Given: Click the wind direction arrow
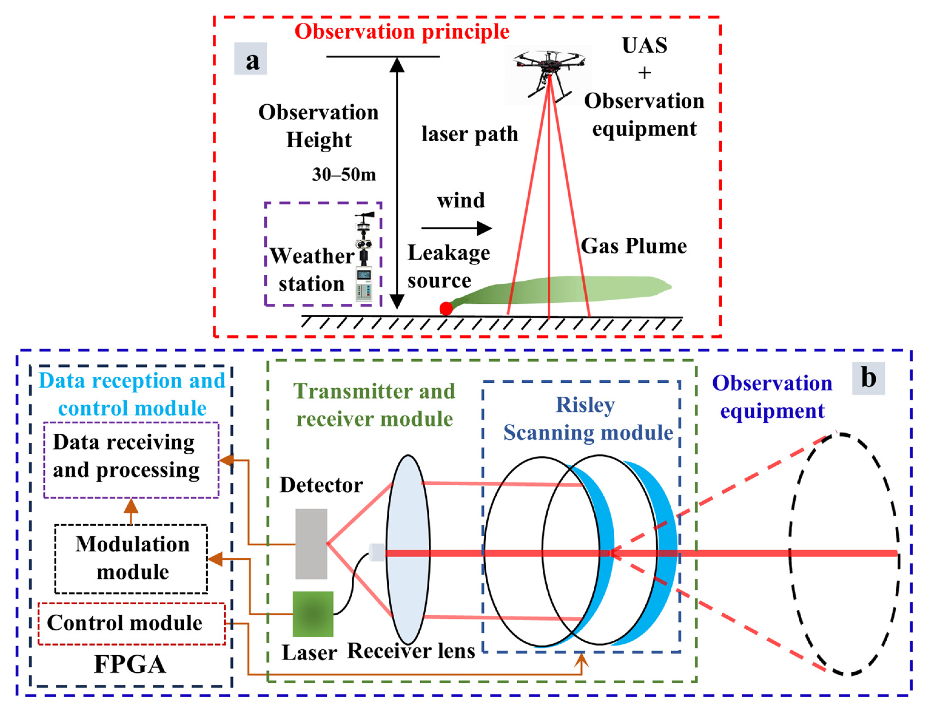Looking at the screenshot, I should [456, 228].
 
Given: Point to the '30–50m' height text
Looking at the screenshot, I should [344, 174].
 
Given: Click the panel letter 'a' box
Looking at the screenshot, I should [250, 59].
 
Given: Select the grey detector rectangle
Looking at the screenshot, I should [311, 544].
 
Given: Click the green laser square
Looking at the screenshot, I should [313, 614].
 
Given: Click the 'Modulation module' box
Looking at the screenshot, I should [131, 559].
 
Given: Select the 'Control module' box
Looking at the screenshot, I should [131, 623].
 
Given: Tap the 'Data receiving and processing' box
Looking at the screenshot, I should [131, 460].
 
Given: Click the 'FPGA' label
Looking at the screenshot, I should [130, 664].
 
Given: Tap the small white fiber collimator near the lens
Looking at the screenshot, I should [376, 553].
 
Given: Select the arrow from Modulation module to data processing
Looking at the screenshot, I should [131, 511].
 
